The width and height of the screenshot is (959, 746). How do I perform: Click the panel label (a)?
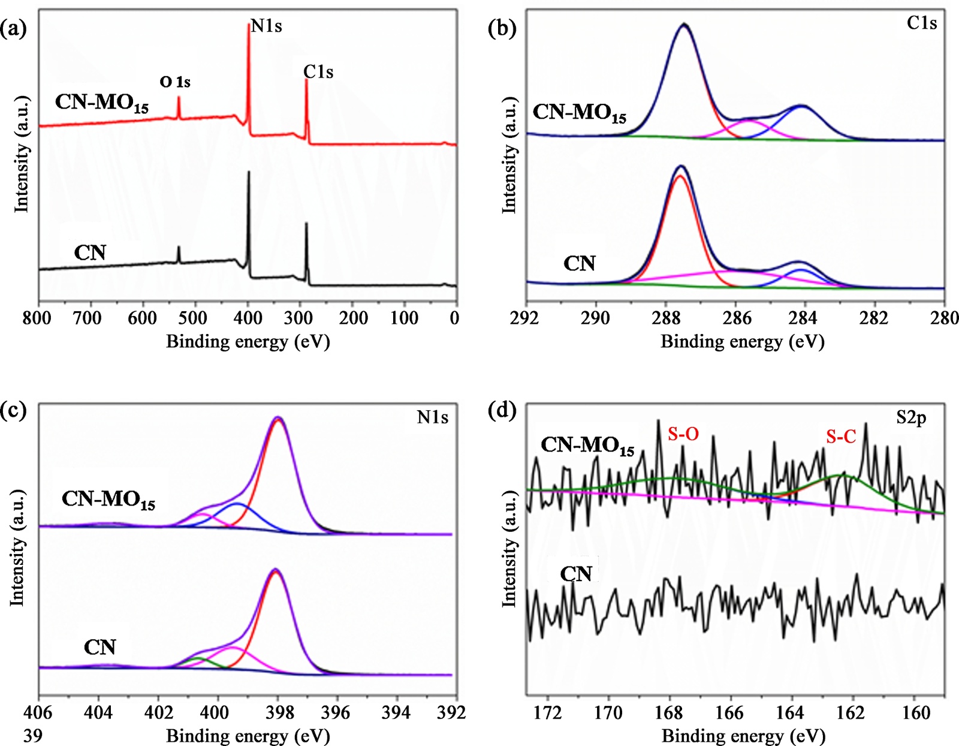point(14,28)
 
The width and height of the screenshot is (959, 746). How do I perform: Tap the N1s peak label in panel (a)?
point(266,26)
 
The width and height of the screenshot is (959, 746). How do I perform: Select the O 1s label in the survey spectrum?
point(175,82)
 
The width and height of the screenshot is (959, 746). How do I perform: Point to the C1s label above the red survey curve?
point(318,72)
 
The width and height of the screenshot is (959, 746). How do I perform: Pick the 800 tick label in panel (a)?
point(37,318)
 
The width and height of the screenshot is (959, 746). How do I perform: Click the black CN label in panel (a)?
point(90,252)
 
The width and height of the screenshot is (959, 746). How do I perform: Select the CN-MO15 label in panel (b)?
point(580,112)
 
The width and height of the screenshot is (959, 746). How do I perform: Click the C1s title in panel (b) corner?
point(921,23)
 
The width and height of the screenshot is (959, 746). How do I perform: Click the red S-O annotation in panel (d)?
point(683,434)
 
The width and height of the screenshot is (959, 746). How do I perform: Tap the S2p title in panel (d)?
point(911,418)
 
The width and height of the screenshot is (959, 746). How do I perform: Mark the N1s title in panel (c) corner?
point(432,417)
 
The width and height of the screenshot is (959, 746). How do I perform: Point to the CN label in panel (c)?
point(99,648)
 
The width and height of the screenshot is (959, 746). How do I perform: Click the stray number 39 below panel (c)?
point(33,735)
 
